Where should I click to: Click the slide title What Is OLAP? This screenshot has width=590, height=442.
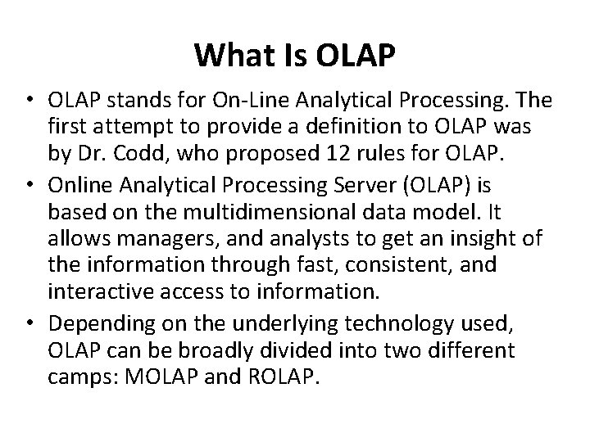coord(295,56)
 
